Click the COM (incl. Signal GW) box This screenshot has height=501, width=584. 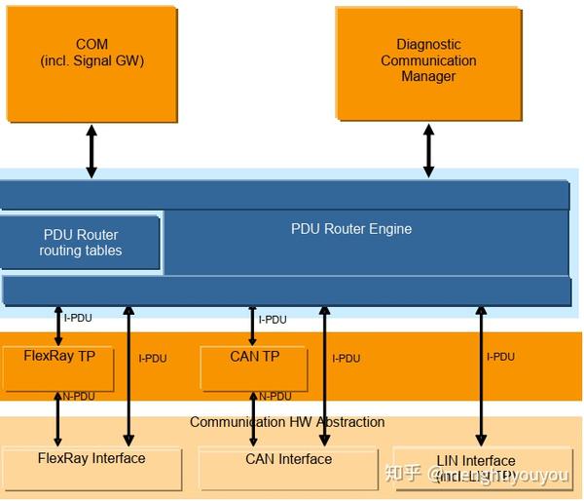pos(92,63)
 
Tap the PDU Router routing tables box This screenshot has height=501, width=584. pos(81,243)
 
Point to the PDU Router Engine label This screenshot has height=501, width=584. pos(351,229)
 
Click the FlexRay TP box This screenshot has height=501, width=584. pos(59,367)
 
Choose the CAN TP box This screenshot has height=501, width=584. pos(254,367)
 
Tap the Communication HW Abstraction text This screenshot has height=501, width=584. pos(287,422)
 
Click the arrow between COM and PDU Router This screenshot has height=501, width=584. pos(91,151)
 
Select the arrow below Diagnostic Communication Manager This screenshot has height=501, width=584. pos(428,151)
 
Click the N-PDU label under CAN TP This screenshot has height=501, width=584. pos(274,397)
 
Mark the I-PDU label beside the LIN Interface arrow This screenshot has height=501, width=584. pos(500,357)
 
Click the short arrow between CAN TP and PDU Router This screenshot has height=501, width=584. pos(253,326)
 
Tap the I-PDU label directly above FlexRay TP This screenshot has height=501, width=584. pos(79,318)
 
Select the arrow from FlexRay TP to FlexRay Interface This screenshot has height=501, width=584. pos(57,419)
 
